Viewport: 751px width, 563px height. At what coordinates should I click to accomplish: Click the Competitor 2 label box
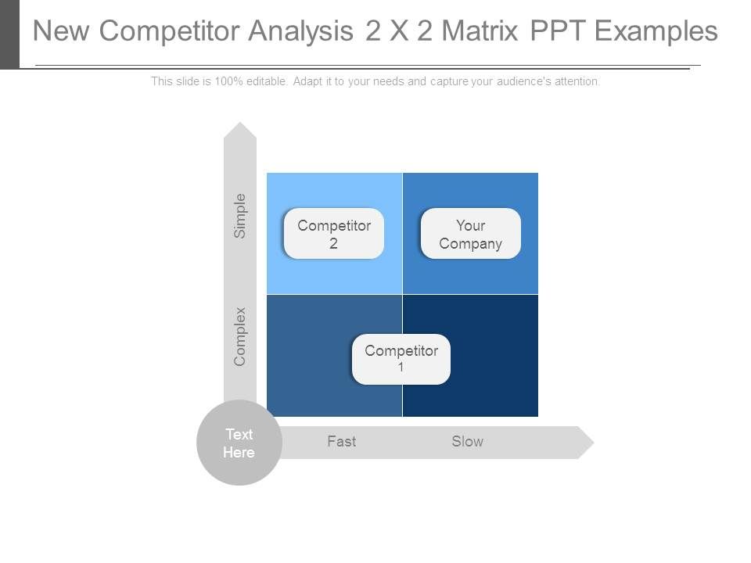334,234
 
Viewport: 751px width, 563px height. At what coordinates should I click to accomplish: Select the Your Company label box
470,234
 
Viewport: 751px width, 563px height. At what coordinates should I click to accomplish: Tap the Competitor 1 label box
401,359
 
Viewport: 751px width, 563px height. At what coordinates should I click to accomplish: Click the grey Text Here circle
239,443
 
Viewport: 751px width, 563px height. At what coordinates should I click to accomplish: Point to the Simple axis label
240,216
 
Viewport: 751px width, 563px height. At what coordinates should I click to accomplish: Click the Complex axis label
240,336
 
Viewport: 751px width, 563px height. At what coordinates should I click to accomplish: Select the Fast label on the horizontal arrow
342,442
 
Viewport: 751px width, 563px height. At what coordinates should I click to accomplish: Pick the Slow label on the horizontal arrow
467,442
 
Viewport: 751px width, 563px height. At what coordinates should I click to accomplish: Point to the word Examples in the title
656,31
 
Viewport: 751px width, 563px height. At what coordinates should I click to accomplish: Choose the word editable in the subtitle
267,81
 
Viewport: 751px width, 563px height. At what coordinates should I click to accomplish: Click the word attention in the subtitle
576,81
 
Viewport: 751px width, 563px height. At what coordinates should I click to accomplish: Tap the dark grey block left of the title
9,34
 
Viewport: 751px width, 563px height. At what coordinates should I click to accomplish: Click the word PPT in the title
558,31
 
